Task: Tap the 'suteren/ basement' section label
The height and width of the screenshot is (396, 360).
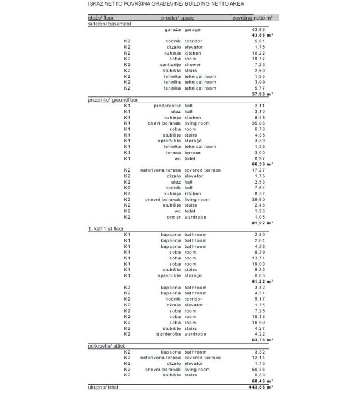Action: (109, 24)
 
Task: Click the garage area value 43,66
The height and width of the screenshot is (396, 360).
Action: (258, 29)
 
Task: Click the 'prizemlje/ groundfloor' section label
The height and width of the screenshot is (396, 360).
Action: (113, 100)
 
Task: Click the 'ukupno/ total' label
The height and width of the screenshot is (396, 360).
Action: (103, 387)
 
